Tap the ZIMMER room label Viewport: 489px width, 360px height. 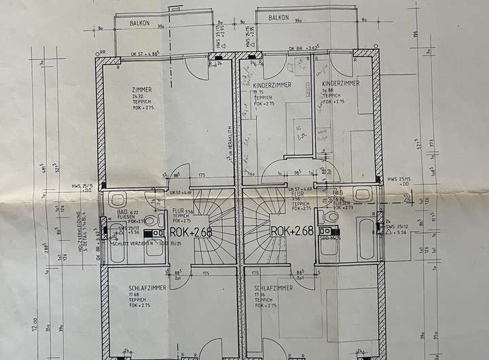point(143,89)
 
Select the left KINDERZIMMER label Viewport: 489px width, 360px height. point(272,86)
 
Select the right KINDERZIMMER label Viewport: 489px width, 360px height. point(340,82)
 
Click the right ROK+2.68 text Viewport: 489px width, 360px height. point(292,230)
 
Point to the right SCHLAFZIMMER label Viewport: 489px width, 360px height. point(274,288)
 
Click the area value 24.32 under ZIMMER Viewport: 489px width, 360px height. point(139,96)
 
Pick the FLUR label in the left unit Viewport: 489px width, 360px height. point(179,211)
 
